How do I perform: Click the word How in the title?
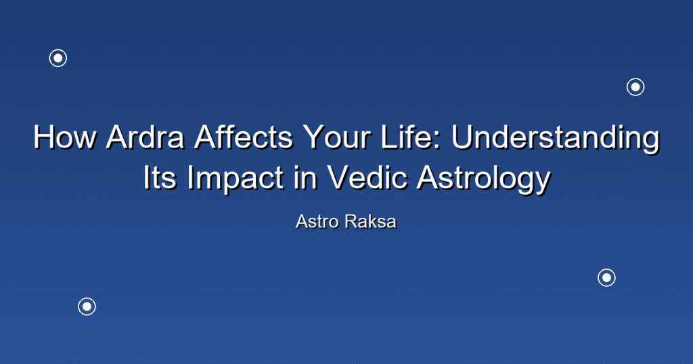pyautogui.click(x=64, y=137)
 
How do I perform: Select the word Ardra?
pyautogui.click(x=145, y=137)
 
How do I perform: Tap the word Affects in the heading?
pyautogui.click(x=244, y=137)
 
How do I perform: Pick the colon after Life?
pyautogui.click(x=438, y=141)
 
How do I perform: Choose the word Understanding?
pyautogui.click(x=556, y=138)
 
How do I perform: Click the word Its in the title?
pyautogui.click(x=158, y=177)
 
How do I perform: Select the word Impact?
pyautogui.click(x=235, y=179)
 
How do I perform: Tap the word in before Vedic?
pyautogui.click(x=305, y=177)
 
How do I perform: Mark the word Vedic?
pyautogui.click(x=367, y=177)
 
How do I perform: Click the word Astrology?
pyautogui.click(x=484, y=179)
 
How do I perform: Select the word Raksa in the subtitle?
pyautogui.click(x=371, y=222)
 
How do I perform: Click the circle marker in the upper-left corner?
pyautogui.click(x=58, y=58)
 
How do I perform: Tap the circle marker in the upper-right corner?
pyautogui.click(x=635, y=87)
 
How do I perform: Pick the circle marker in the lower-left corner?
pyautogui.click(x=87, y=306)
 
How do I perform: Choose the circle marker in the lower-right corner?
pyautogui.click(x=607, y=278)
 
